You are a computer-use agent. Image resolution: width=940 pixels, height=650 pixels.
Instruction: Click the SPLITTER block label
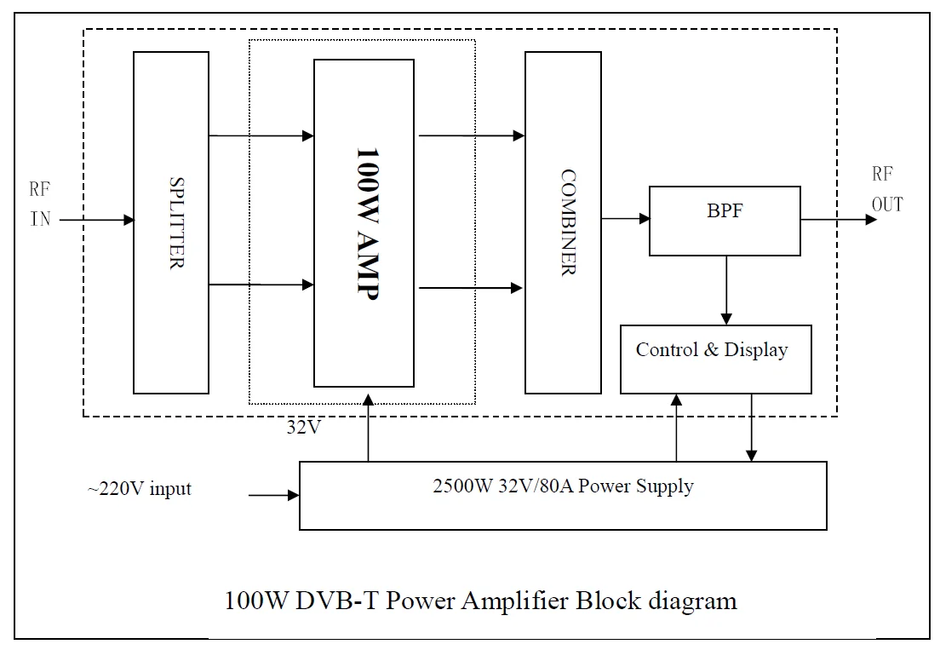coord(176,223)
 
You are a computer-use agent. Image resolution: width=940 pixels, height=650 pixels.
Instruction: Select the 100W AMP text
coord(365,222)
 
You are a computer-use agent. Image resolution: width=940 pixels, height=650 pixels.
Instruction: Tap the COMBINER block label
coord(568,222)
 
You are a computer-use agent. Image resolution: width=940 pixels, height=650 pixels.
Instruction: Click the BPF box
coord(725,220)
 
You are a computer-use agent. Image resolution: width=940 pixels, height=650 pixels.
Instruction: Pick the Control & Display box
coord(714,358)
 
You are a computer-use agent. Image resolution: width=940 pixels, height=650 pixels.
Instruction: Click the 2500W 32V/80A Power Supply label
coord(563,486)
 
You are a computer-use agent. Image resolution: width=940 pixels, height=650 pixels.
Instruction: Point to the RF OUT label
coord(886,189)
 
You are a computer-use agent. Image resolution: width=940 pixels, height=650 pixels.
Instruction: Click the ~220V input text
coord(139,489)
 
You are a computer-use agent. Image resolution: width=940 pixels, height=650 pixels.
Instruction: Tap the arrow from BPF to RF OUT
coord(838,219)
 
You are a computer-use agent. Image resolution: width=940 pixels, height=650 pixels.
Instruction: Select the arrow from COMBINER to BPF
coord(626,219)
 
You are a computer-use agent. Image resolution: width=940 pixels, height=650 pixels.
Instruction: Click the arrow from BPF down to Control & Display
coord(725,290)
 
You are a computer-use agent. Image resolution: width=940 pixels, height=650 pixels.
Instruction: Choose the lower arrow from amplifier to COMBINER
coord(470,289)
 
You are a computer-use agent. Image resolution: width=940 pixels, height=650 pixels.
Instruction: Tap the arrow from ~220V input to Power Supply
coord(273,494)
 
